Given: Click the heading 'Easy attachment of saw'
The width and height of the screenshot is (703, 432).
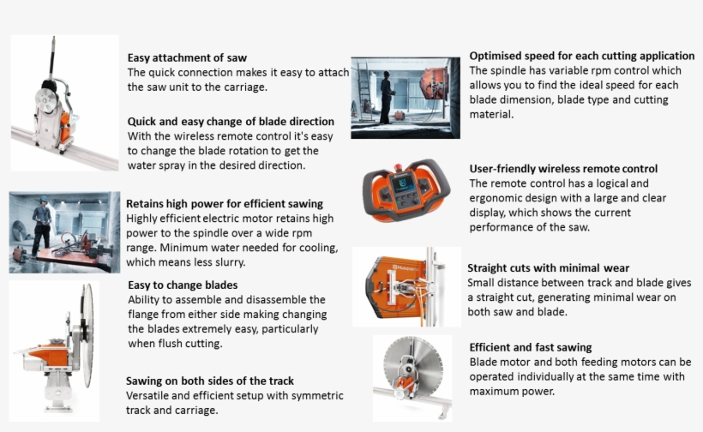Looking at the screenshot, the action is click(x=187, y=57).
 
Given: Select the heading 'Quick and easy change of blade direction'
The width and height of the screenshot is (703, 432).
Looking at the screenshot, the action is click(x=231, y=122).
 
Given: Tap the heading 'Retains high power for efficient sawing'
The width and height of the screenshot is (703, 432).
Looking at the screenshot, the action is click(x=224, y=204).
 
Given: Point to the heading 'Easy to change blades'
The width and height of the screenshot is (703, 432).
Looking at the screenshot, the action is click(x=183, y=285).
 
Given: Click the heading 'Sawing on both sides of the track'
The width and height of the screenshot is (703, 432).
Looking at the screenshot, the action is click(x=209, y=381).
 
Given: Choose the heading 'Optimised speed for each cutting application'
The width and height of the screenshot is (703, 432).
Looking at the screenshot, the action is click(x=581, y=56).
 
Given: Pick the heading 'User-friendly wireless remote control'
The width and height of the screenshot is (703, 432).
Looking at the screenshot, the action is click(x=563, y=169).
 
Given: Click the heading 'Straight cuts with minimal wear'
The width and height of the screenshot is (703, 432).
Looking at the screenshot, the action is click(x=548, y=268).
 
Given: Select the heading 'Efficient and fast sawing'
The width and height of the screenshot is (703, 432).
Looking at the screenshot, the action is click(x=531, y=347).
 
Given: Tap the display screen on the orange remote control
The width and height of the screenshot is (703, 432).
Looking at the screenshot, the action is click(x=402, y=184).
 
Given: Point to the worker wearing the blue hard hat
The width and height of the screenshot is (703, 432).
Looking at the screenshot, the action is click(x=42, y=225).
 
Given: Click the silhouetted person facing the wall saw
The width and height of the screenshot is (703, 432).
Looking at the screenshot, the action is click(x=387, y=97).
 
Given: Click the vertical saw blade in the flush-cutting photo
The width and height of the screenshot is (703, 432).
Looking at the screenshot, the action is click(x=87, y=335).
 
